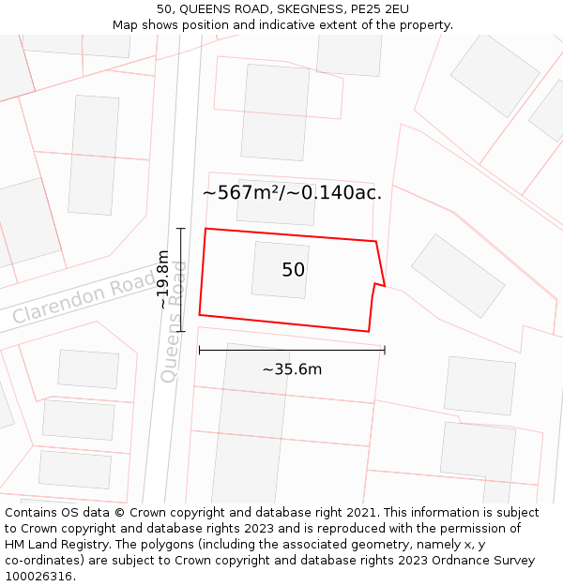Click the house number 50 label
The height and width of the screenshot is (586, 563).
(x=293, y=270)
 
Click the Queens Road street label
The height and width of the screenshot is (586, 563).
(x=174, y=322)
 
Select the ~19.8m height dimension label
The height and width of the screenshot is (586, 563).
(x=163, y=279)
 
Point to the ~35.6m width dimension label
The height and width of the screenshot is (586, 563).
(x=292, y=369)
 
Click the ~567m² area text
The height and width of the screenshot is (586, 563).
(x=241, y=193)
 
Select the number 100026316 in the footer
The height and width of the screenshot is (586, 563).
(x=40, y=576)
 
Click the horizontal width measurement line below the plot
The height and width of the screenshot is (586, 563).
(x=292, y=351)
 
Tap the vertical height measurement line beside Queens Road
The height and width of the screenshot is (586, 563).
(x=181, y=279)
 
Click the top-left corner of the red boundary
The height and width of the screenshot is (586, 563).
(x=205, y=229)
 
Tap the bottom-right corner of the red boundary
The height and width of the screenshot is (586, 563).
(x=369, y=331)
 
